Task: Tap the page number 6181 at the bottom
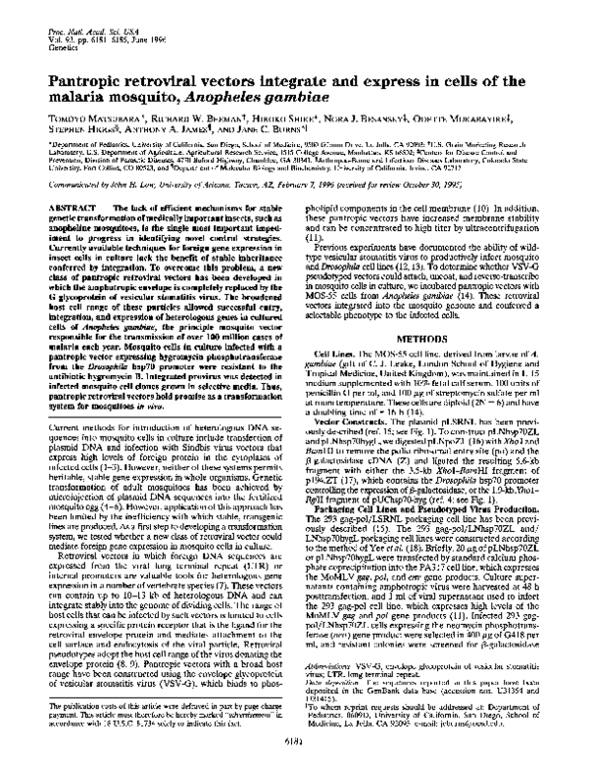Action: [296, 755]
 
